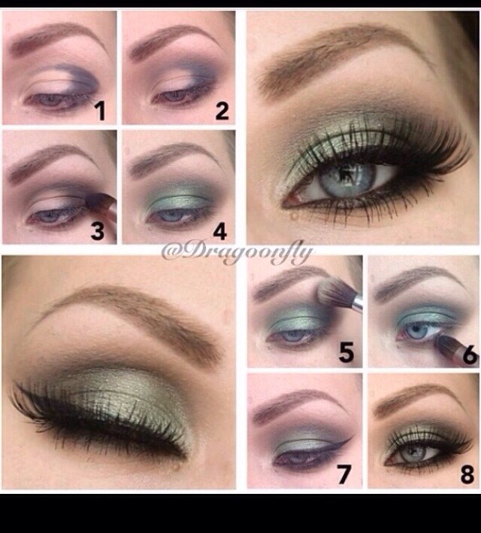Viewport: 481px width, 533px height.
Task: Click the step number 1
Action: click(100, 111)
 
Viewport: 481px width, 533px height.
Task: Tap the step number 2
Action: click(222, 111)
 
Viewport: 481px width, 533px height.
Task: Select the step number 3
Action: click(97, 231)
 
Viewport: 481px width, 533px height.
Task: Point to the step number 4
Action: click(219, 231)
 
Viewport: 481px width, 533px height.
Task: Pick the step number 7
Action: click(343, 474)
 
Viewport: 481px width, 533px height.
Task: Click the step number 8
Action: click(467, 474)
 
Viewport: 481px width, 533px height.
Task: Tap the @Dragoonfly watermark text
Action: click(237, 253)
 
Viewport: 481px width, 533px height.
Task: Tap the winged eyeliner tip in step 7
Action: click(350, 439)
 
